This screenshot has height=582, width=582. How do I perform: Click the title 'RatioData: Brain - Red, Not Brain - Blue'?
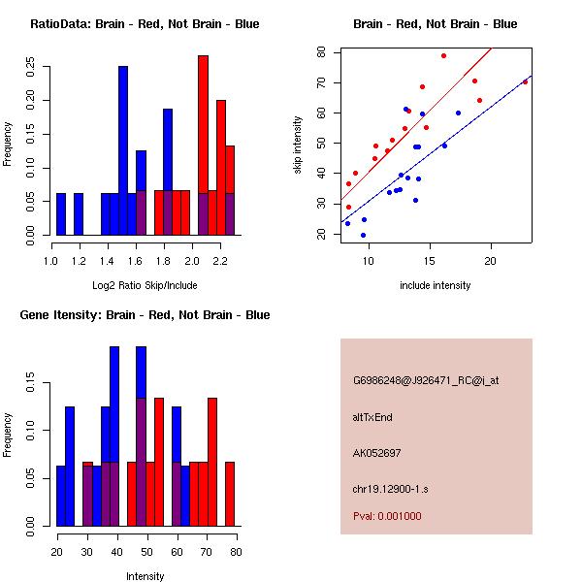coord(145,24)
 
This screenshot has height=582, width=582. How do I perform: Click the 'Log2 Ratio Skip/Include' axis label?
coord(145,284)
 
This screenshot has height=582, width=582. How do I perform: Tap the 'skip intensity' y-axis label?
coord(299,145)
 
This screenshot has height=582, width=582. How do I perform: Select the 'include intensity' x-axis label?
coord(436,284)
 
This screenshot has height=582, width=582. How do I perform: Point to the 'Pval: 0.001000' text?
coord(387,516)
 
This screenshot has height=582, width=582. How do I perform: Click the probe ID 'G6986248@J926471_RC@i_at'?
coord(426,381)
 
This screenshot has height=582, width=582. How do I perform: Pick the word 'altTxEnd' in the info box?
coord(372,417)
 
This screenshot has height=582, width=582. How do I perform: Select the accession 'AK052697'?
coord(377,453)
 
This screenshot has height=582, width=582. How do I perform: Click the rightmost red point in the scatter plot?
coord(525,81)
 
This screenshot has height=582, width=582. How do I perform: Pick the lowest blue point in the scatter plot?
coord(363,235)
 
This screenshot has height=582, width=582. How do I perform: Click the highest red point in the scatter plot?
coord(443,55)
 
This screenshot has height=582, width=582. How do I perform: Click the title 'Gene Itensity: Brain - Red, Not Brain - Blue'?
coord(145,315)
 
